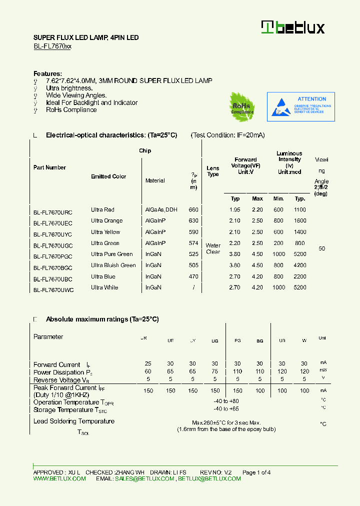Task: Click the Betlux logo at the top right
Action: (293, 27)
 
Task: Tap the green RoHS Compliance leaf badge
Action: (242, 106)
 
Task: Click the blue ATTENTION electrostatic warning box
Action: (300, 106)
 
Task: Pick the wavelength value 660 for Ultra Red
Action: (193, 210)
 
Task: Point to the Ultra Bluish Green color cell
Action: (113, 265)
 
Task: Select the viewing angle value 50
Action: (321, 248)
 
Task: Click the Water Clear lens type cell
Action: (213, 248)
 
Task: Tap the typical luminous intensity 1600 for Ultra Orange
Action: (300, 221)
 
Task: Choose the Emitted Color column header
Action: (108, 176)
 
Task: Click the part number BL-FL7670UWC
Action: (53, 289)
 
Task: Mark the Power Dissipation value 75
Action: (214, 371)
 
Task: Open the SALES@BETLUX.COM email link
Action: (144, 478)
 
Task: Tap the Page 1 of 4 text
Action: (256, 472)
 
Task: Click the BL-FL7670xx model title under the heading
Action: (52, 46)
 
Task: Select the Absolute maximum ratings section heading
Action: (102, 319)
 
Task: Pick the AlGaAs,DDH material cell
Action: (161, 210)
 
